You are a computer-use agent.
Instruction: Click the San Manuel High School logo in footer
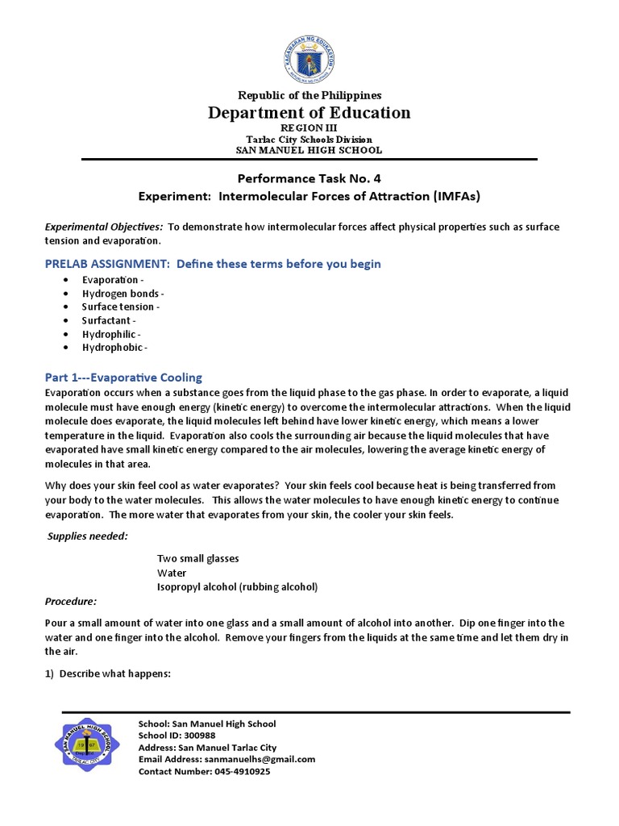pos(93,748)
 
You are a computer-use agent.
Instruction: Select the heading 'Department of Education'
pos(309,112)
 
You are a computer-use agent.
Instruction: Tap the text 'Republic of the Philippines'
pos(309,95)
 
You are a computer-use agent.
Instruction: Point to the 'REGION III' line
pos(309,128)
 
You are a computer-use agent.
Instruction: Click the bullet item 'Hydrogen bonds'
pos(123,294)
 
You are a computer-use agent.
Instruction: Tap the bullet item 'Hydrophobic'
pos(114,347)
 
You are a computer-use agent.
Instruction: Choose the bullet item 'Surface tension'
pos(121,307)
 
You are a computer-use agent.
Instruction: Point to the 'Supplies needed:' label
pos(87,536)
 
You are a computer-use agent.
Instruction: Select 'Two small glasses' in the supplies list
pos(197,558)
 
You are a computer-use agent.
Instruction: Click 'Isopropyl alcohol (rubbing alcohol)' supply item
pos(237,586)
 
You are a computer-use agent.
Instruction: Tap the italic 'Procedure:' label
pos(71,601)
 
